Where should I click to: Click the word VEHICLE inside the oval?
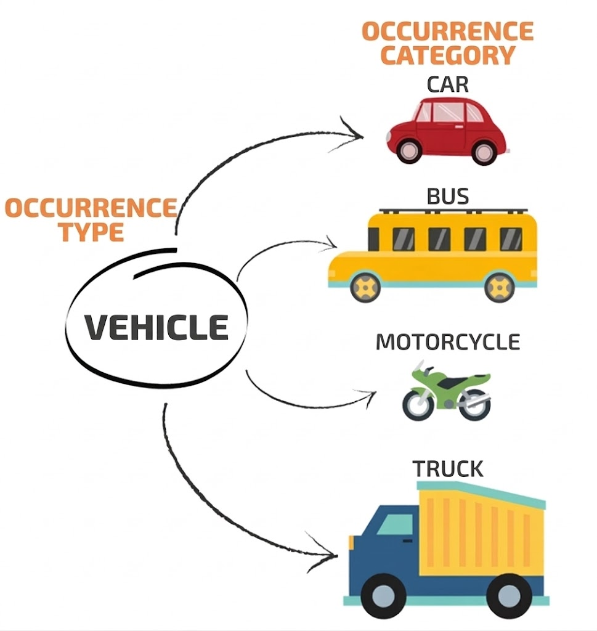(x=156, y=327)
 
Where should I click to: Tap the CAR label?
(x=448, y=84)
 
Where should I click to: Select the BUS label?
(x=448, y=197)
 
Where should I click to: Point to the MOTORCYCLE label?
(x=448, y=342)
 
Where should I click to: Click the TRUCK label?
(x=448, y=469)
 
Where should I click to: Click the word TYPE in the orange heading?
(x=92, y=232)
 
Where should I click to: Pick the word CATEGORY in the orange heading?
(x=447, y=55)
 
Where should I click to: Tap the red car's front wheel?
(x=409, y=150)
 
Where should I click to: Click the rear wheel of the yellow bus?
(x=499, y=287)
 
